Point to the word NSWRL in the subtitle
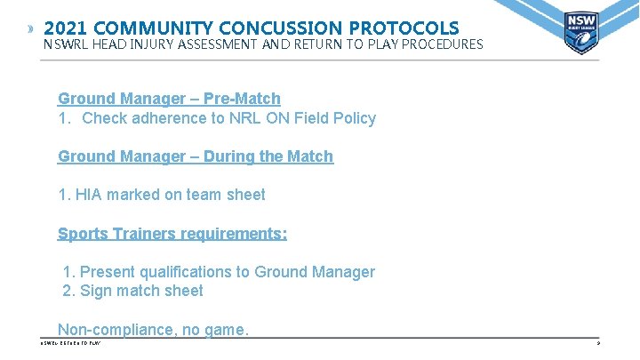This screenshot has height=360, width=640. point(65,44)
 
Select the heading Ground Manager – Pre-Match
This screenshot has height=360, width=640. point(169,99)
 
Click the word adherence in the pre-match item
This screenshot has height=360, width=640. point(169,118)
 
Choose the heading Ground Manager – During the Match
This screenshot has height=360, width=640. point(196,156)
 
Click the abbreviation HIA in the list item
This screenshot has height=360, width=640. point(91,195)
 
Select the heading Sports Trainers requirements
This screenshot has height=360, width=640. point(172,234)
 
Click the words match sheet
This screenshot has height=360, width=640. point(167,292)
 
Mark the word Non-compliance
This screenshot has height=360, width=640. point(114,330)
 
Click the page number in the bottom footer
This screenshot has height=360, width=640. point(599,343)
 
